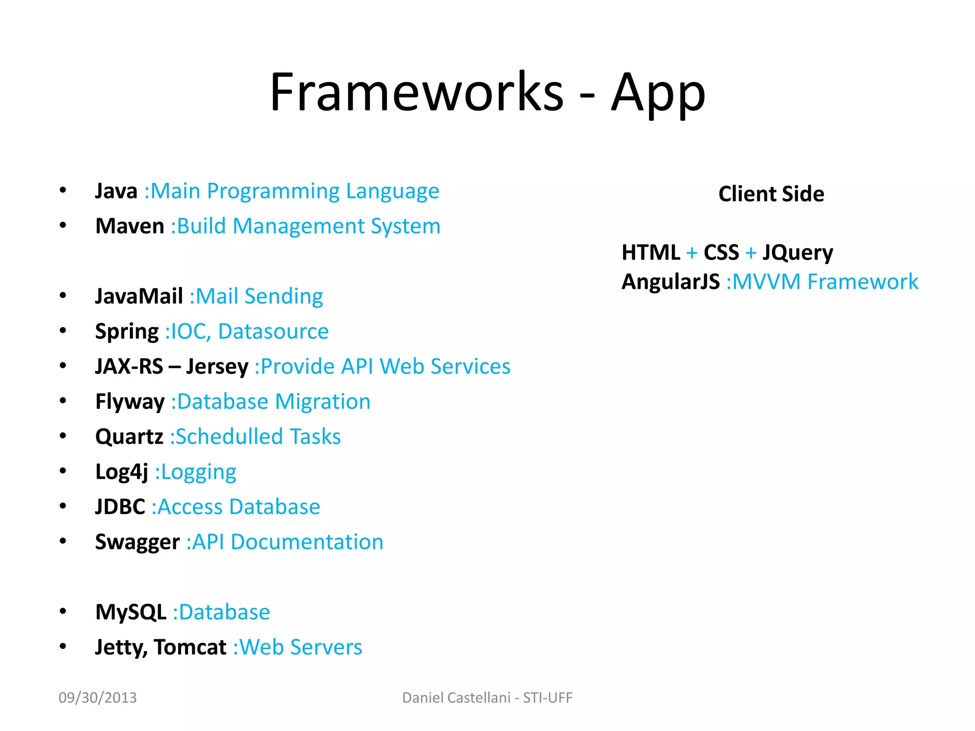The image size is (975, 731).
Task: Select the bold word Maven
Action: (129, 226)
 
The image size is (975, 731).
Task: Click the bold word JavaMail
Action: (139, 296)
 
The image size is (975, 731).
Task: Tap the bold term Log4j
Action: (122, 472)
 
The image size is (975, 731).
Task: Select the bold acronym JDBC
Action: (120, 507)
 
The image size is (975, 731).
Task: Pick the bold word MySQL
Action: (131, 612)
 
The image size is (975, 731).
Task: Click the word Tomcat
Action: (190, 647)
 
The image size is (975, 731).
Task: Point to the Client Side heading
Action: (771, 194)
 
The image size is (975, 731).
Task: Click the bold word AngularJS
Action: (670, 282)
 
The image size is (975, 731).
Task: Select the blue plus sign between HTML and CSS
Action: (692, 253)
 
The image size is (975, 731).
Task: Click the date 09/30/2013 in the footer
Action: (98, 698)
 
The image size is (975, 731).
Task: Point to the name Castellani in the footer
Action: (480, 698)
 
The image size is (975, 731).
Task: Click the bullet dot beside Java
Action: (63, 191)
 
